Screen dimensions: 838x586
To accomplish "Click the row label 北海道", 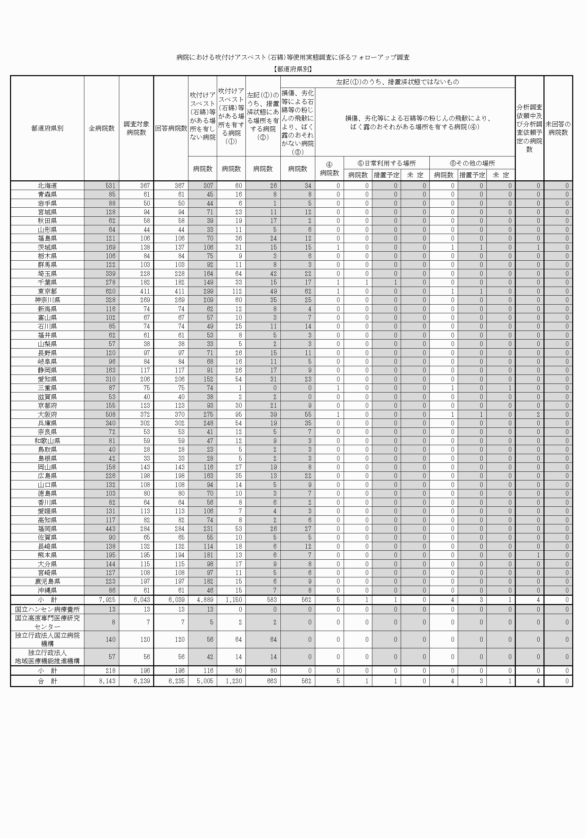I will pyautogui.click(x=47, y=186).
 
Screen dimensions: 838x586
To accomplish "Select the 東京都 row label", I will pyautogui.click(x=47, y=291).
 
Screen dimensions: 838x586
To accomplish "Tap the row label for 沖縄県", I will pyautogui.click(x=47, y=590).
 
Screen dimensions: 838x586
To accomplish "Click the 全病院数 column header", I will pyautogui.click(x=101, y=128).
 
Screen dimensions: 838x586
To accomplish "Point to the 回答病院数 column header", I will pyautogui.click(x=171, y=128).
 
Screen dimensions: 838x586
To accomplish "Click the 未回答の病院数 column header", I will pyautogui.click(x=558, y=128).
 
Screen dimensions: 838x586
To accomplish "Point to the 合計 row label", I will pyautogui.click(x=47, y=681).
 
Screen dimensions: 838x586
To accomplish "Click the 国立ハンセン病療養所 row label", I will pyautogui.click(x=47, y=610).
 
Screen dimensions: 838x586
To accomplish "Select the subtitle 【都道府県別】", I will pyautogui.click(x=293, y=69).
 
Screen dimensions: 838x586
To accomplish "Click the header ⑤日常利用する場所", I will pyautogui.click(x=387, y=163).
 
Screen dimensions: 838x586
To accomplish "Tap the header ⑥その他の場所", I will pyautogui.click(x=472, y=163).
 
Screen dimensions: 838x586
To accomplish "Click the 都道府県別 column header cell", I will pyautogui.click(x=47, y=128).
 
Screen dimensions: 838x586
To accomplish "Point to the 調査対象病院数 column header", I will pyautogui.click(x=136, y=128).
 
